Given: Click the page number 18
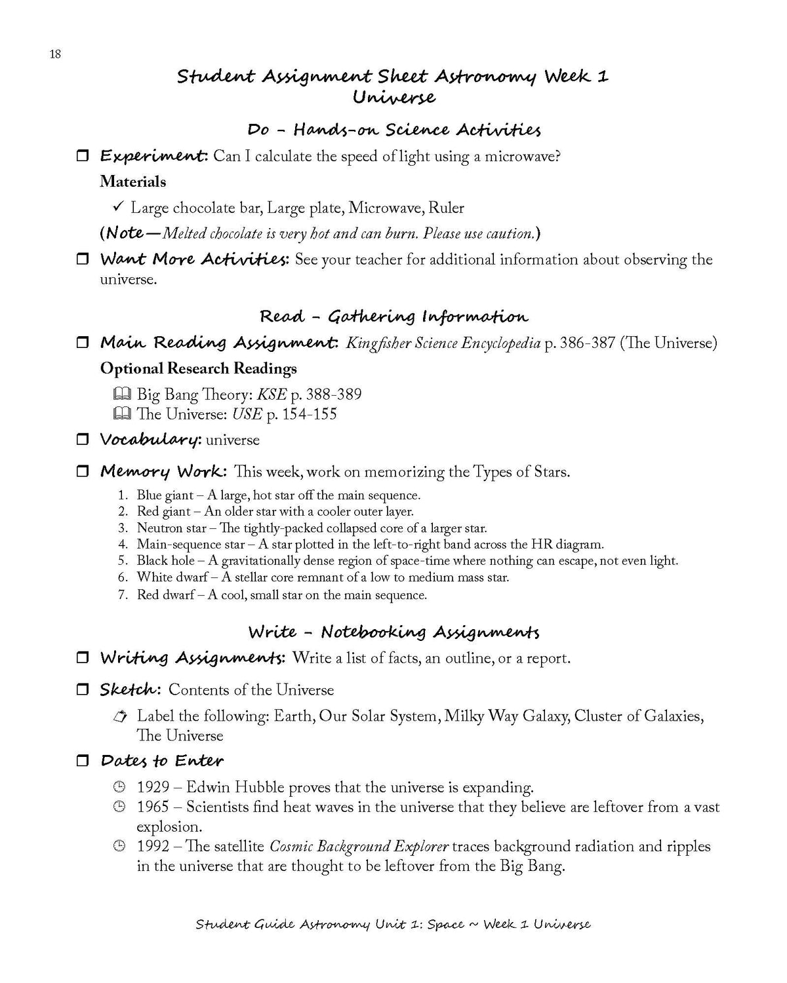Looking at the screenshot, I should (55, 54).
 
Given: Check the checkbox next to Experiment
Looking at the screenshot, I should (83, 156).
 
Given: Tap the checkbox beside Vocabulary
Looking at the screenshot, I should (83, 440).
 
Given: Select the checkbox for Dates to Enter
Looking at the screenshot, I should (83, 761).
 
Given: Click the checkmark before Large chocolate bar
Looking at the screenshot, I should (118, 207).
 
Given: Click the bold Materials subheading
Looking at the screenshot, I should (133, 182).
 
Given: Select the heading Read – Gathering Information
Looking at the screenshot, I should (393, 317).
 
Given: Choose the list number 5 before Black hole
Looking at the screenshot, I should (123, 561).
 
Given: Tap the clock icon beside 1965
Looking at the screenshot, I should (119, 807).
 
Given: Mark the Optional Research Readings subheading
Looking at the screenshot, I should (199, 368).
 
